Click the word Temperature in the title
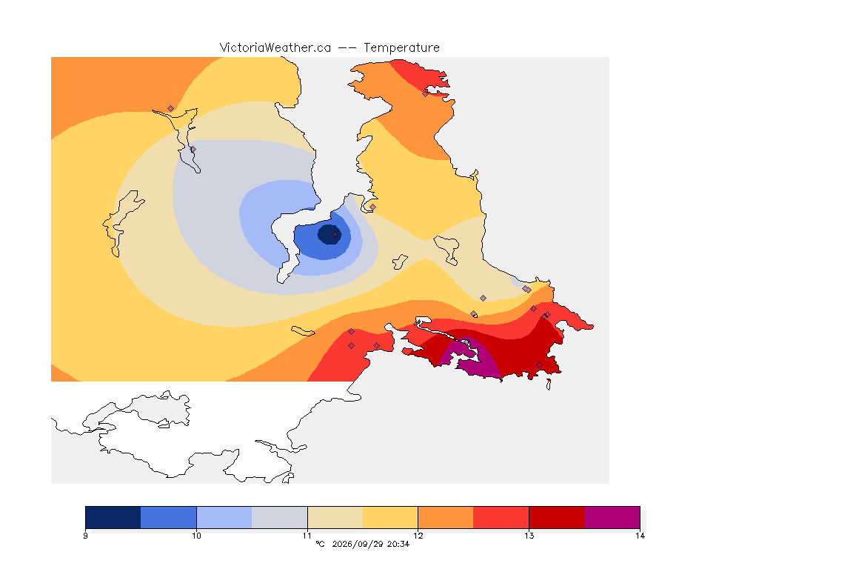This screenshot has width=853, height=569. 401,48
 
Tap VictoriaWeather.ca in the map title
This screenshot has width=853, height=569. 275,48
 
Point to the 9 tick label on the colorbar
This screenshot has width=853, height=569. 85,536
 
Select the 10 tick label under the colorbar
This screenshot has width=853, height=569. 196,536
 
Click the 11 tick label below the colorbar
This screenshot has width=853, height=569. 307,536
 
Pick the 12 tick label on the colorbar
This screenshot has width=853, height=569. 418,536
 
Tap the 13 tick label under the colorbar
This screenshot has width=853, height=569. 529,536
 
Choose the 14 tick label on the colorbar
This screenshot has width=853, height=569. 640,536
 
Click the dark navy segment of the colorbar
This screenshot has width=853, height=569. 113,517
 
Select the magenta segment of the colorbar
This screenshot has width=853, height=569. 612,517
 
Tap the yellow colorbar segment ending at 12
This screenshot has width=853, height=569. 390,517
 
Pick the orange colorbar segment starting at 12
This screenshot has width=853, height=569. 446,517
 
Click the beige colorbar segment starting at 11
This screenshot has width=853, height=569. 335,517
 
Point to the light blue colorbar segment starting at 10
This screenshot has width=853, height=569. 224,517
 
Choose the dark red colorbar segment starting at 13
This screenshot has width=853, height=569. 557,517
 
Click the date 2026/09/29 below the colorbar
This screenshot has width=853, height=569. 357,544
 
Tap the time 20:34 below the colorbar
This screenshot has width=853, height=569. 398,544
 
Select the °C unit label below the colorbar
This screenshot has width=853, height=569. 321,544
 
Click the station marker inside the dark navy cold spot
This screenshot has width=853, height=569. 335,235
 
